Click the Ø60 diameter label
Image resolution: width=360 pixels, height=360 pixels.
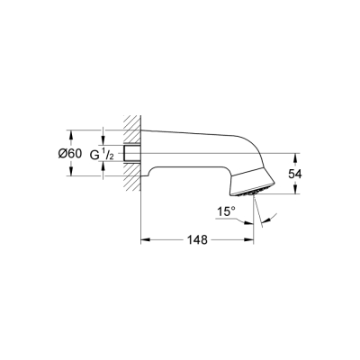point(70,153)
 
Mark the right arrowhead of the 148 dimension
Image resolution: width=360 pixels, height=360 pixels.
point(253,241)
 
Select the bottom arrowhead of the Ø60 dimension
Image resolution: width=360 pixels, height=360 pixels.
point(71,176)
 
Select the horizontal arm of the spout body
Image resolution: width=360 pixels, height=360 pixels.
point(189,144)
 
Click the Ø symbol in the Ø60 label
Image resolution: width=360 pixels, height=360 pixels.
point(62,153)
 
